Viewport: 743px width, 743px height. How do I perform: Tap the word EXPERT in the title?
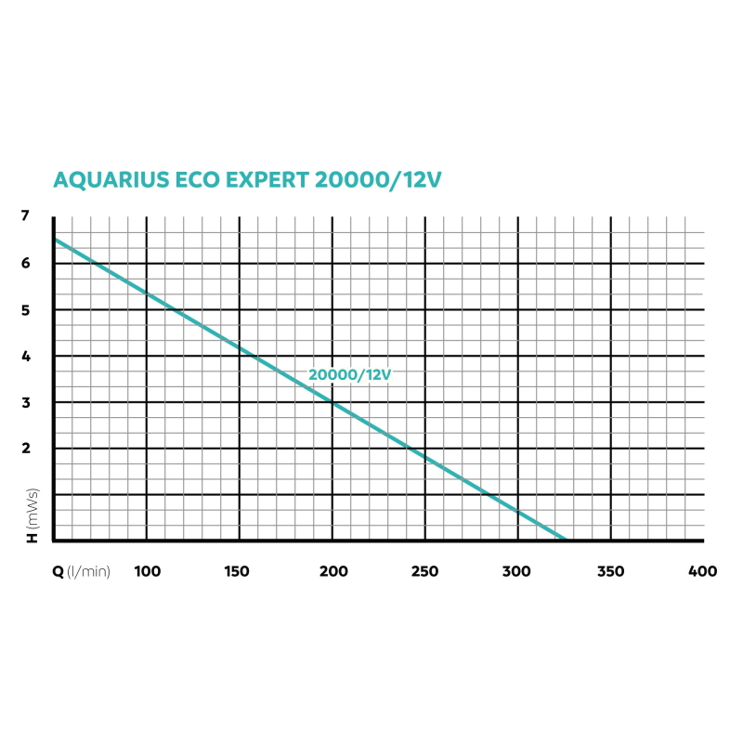[x=263, y=179]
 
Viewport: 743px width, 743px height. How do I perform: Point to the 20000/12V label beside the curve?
[x=350, y=374]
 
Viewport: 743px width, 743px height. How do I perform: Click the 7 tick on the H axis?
[x=25, y=216]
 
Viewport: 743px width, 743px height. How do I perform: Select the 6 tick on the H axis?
[x=25, y=264]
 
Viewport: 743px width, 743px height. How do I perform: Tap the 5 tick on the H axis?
[x=25, y=310]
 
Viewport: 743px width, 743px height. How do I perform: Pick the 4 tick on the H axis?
[x=25, y=357]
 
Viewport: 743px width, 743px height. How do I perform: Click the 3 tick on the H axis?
[x=25, y=403]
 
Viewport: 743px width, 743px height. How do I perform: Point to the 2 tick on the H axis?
[x=25, y=449]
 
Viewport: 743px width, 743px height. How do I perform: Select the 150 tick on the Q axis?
[x=239, y=570]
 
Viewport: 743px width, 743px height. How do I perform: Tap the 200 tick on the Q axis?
[x=332, y=570]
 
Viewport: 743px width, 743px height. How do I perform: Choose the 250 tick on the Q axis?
[x=425, y=570]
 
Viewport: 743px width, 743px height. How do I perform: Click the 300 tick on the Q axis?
[x=517, y=570]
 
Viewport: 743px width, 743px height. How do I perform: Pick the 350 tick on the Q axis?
[x=611, y=570]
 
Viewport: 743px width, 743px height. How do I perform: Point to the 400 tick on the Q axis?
[x=703, y=570]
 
